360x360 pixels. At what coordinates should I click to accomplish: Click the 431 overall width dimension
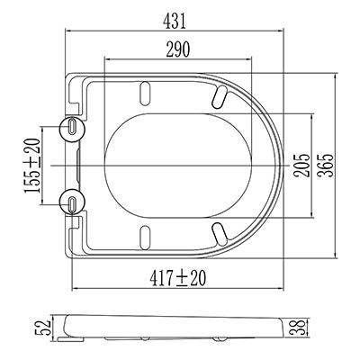[175, 22]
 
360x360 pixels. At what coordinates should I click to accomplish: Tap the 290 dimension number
[178, 49]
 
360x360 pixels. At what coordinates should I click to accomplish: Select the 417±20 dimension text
[178, 278]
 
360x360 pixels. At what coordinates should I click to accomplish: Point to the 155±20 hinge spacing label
[32, 166]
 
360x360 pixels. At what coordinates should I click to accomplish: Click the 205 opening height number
[301, 166]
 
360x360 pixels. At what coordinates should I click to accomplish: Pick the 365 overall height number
[326, 166]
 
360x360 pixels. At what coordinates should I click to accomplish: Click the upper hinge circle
[73, 129]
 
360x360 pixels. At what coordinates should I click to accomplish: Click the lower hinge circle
[73, 202]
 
